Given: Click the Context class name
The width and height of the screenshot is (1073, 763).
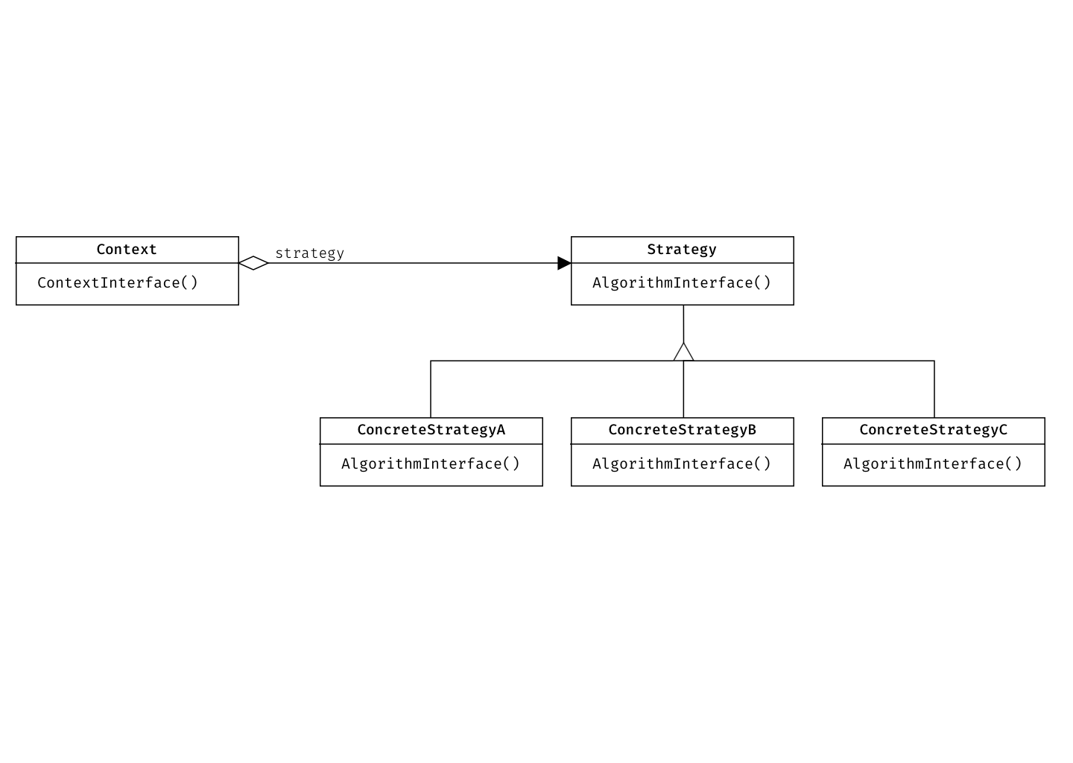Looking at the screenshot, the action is tap(127, 250).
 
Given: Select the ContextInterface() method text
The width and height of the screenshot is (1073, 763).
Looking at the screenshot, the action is tap(118, 283).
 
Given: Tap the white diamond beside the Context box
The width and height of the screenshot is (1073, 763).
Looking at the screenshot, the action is tap(253, 263).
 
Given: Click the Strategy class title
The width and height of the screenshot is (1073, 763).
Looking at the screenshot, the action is tap(682, 250).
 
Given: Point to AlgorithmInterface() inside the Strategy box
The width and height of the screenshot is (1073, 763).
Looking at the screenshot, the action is tap(682, 283).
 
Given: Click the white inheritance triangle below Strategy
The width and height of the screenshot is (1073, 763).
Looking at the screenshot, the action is tap(683, 352).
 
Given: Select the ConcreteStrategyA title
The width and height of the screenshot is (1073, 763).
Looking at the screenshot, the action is tap(431, 430).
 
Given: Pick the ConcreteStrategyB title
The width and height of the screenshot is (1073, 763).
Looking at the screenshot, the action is tap(682, 430).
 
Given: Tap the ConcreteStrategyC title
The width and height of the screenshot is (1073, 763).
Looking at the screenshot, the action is tap(933, 430).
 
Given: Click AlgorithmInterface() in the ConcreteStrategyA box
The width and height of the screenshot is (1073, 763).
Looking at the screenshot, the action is tap(431, 464).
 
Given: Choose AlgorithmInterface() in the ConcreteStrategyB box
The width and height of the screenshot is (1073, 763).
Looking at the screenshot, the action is tap(682, 464).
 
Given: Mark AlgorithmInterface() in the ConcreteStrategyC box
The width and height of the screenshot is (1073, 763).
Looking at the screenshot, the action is tap(933, 464).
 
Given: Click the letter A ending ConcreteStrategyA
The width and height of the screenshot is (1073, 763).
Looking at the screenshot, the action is tap(501, 430).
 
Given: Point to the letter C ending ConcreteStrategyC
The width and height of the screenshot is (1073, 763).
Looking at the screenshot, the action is tap(1003, 430).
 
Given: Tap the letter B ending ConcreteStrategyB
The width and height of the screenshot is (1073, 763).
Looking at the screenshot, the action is tap(752, 430).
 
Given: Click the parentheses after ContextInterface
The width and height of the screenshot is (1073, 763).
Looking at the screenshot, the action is tap(190, 283).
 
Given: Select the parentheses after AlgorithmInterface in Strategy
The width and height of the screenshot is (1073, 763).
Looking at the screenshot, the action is tap(762, 283).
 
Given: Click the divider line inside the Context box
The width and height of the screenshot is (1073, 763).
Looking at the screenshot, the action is tap(127, 263).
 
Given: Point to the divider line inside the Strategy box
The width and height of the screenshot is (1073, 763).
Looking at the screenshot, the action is tap(682, 263).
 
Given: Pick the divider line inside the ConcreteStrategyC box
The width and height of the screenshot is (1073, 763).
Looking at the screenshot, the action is tap(933, 444).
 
